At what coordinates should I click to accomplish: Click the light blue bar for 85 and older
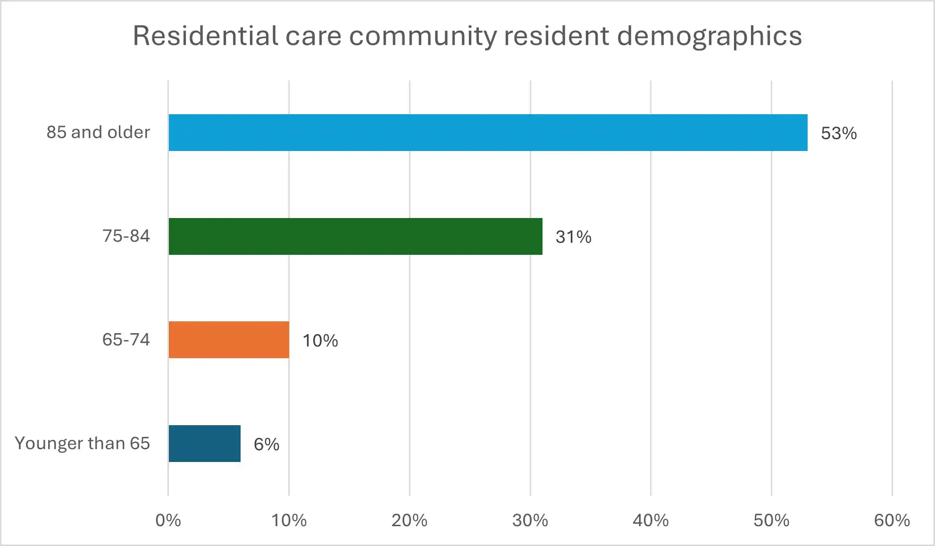488,133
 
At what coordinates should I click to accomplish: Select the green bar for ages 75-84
355,236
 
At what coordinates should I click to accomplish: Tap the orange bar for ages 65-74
229,340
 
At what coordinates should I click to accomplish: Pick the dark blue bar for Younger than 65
204,444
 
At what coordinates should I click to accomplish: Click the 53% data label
838,133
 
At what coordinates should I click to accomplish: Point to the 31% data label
573,237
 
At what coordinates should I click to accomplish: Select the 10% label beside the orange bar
320,341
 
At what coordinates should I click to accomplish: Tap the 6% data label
266,444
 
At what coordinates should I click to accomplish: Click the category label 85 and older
98,132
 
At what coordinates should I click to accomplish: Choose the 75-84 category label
126,236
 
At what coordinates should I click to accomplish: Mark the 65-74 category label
126,340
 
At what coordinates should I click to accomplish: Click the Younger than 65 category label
82,443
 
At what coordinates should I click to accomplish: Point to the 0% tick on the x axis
168,520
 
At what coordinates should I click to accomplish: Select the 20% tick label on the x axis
409,520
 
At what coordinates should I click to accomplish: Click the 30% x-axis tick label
530,520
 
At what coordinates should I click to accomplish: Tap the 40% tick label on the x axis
651,520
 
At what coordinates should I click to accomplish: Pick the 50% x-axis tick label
771,520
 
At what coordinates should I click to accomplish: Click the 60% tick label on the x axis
892,520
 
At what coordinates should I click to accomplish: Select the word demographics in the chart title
709,37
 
